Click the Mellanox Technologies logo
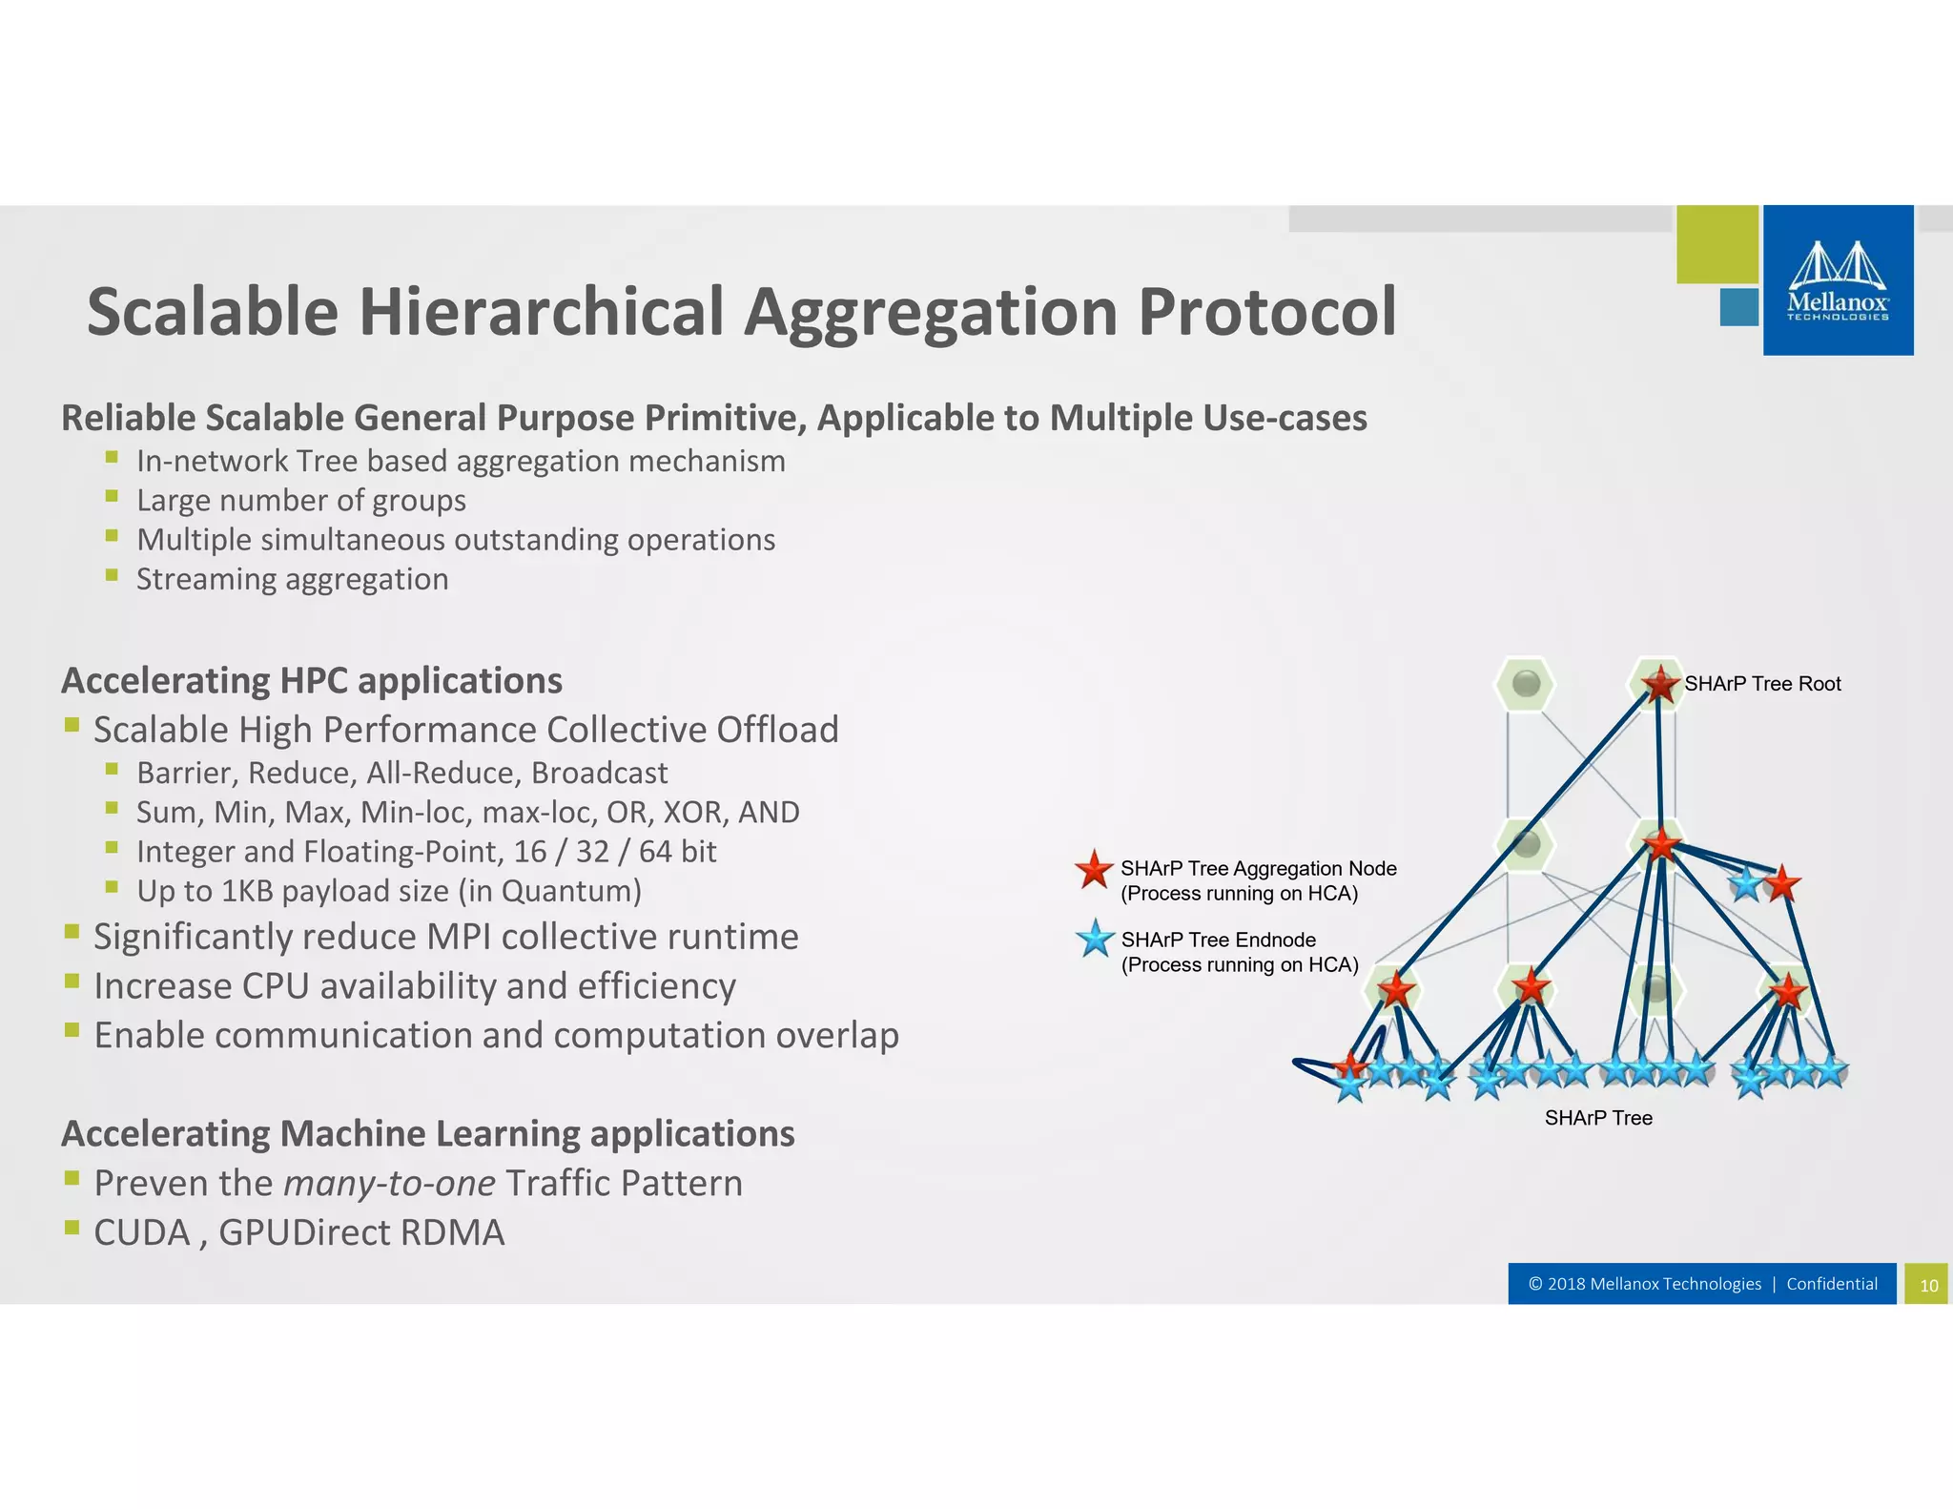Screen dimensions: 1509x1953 (x=1837, y=280)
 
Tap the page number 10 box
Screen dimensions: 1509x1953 (x=1927, y=1284)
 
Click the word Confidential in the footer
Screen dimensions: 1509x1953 (x=1831, y=1283)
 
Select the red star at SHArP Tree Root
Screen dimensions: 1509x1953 (x=1659, y=683)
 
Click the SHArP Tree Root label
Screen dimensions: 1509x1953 (x=1762, y=683)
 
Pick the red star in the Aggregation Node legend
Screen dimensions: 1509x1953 (x=1094, y=869)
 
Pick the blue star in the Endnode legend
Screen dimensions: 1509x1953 (x=1095, y=940)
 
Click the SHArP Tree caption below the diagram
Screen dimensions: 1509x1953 (x=1598, y=1117)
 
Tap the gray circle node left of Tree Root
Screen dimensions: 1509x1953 (x=1526, y=683)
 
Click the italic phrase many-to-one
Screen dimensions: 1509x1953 (x=389, y=1183)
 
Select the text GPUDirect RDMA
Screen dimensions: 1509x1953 (x=361, y=1232)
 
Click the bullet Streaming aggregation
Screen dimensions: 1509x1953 (x=292, y=579)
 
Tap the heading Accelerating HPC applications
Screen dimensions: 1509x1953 (x=312, y=681)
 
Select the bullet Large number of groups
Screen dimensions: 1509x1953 (x=300, y=500)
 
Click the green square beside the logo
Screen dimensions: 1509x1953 (x=1717, y=244)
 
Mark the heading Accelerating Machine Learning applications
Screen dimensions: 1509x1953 (x=427, y=1133)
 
